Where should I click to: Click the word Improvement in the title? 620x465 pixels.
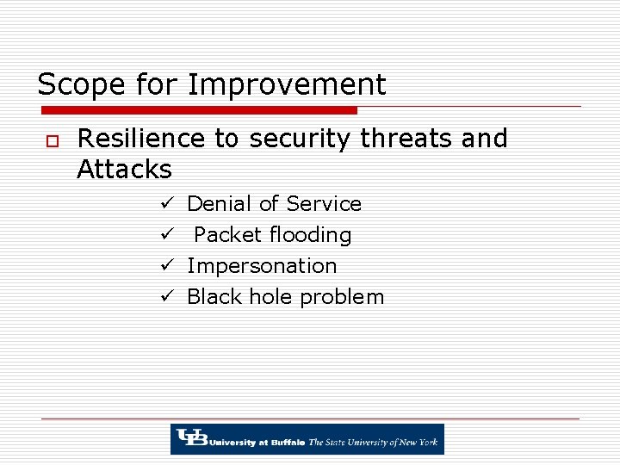(x=287, y=85)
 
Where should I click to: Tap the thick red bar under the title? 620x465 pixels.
(x=199, y=110)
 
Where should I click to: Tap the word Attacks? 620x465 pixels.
(x=124, y=169)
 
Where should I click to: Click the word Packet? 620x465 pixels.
(x=227, y=235)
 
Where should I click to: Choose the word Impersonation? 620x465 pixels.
(x=262, y=266)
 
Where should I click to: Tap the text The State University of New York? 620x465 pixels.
(x=374, y=442)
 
